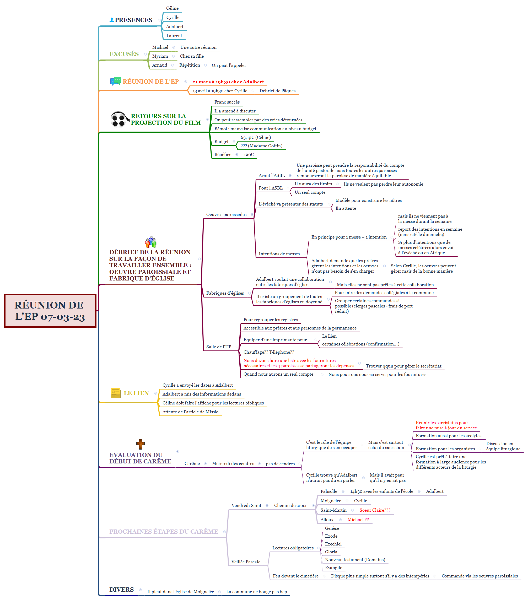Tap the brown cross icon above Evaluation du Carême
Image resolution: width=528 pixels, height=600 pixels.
point(140,444)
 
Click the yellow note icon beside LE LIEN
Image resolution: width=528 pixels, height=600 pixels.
point(116,393)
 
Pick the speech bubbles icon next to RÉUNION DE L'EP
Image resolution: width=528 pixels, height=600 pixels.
point(115,81)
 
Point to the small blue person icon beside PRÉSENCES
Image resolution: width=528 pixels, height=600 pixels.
point(112,20)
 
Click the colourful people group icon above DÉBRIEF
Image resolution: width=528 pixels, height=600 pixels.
point(151,242)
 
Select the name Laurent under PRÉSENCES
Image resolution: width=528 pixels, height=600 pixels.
point(174,36)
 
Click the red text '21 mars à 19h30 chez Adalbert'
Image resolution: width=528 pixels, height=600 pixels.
point(228,82)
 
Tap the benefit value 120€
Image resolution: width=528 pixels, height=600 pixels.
point(249,154)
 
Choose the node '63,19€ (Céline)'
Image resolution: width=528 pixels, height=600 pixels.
point(256,137)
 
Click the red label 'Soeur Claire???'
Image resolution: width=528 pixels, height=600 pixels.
point(375,510)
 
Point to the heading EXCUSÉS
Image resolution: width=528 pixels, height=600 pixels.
point(124,54)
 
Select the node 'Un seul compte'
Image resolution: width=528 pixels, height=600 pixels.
point(310,192)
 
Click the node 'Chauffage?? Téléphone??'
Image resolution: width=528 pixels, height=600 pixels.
point(269,352)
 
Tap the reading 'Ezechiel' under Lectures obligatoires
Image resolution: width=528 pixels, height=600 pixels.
point(333,544)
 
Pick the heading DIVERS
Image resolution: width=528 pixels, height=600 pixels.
point(121,590)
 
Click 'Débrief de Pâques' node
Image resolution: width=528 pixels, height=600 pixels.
point(277,91)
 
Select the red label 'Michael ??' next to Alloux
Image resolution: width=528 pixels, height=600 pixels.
point(358,520)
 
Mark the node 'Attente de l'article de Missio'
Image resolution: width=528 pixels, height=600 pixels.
point(190,412)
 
